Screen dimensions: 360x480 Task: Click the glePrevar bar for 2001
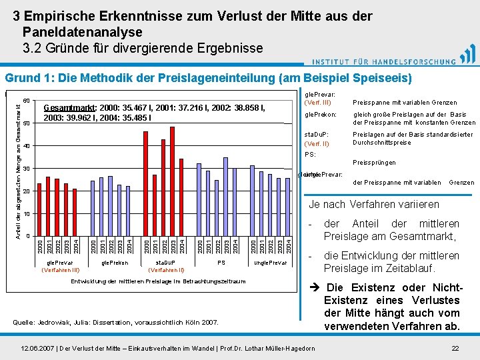tap(48, 206)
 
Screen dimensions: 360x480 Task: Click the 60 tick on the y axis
tap(27, 101)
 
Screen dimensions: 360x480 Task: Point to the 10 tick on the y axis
tap(27, 214)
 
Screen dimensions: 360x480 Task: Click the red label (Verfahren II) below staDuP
tap(167, 270)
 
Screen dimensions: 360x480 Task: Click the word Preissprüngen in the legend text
tap(374, 163)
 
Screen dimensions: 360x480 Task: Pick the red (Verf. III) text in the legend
tap(317, 102)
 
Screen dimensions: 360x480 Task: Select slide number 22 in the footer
tap(455, 348)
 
